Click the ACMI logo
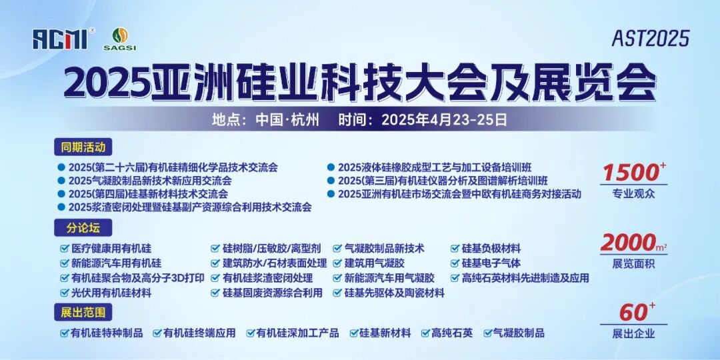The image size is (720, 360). (59, 38)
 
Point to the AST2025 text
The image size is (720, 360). (650, 39)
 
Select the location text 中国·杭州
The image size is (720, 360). (288, 120)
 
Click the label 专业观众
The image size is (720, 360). (633, 194)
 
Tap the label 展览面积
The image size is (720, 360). (633, 264)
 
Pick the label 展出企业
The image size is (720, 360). (633, 333)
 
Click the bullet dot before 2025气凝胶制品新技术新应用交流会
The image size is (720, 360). (61, 181)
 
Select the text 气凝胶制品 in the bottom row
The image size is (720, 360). (519, 333)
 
